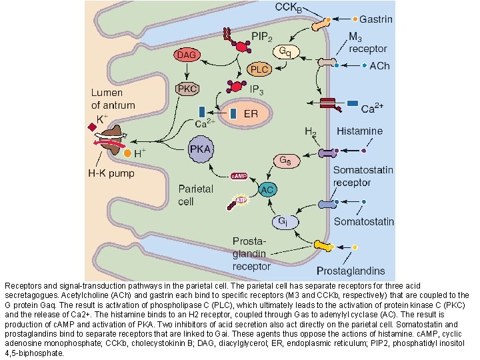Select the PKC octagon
[x=188, y=89]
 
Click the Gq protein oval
[x=285, y=51]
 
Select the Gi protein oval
[x=282, y=221]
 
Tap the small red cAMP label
[x=239, y=177]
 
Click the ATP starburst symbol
[x=238, y=198]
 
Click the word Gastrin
[x=377, y=19]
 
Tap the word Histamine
[x=359, y=131]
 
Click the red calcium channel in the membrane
[x=328, y=103]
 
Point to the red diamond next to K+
[x=91, y=127]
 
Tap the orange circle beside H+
[x=128, y=154]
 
